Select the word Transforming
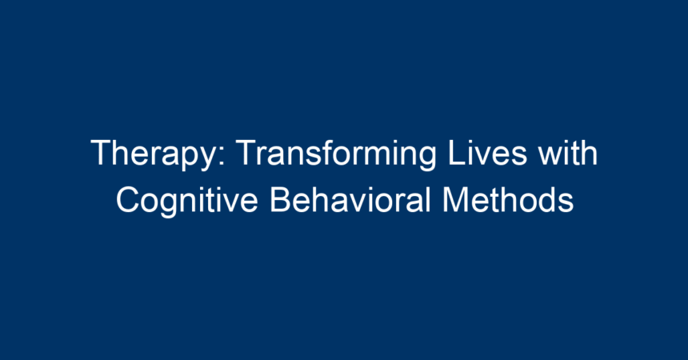coord(337,154)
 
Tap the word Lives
coord(487,152)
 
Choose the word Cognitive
coord(187,202)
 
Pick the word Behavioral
coord(350,199)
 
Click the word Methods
coord(508,199)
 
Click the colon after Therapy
coord(222,156)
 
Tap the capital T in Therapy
coord(102,153)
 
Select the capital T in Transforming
coord(246,153)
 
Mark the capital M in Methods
coord(455,200)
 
